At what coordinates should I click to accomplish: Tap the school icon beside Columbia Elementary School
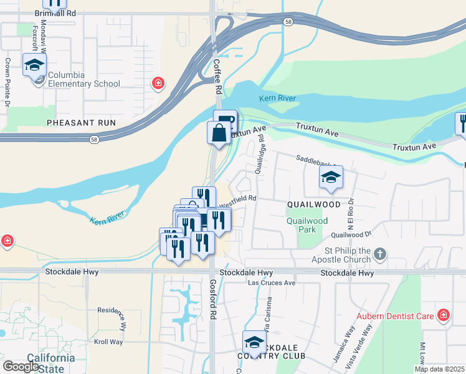click(34, 65)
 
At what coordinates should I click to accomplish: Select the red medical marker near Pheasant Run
click(158, 82)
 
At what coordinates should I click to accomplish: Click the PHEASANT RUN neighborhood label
click(82, 123)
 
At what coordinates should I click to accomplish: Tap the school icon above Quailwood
click(331, 178)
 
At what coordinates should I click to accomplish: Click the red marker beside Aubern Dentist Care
click(443, 315)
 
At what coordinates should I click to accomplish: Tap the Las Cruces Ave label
click(272, 282)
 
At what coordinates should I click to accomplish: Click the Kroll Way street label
click(107, 342)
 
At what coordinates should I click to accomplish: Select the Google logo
click(21, 367)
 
